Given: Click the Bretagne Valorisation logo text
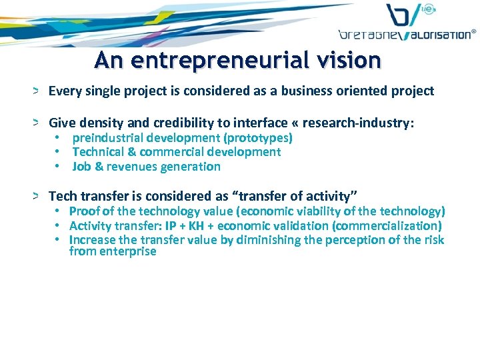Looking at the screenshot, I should point(407,33).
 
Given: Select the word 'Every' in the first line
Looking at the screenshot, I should point(64,91).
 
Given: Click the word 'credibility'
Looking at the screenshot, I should point(157,123).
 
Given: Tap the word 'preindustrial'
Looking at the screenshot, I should point(107,138).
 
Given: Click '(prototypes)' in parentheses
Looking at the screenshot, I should point(258,138).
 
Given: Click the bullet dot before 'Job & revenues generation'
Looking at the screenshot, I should point(59,167).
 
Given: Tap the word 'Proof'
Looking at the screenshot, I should point(85,211).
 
